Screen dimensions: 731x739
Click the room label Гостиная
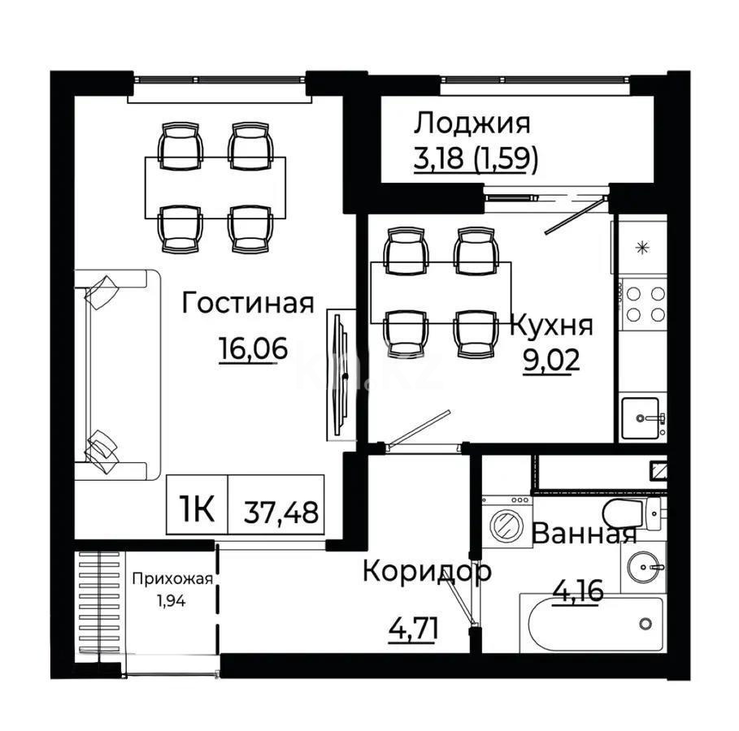click(248, 304)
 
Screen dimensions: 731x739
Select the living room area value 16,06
click(253, 348)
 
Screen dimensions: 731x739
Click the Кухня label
click(551, 326)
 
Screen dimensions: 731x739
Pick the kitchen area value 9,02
click(551, 359)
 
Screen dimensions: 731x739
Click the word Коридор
click(427, 571)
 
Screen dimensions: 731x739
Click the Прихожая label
click(172, 579)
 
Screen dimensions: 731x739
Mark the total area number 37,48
click(280, 512)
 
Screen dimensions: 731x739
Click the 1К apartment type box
click(197, 510)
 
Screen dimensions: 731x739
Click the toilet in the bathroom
click(626, 512)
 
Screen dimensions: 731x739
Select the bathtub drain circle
click(646, 624)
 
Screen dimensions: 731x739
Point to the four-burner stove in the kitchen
click(644, 303)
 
